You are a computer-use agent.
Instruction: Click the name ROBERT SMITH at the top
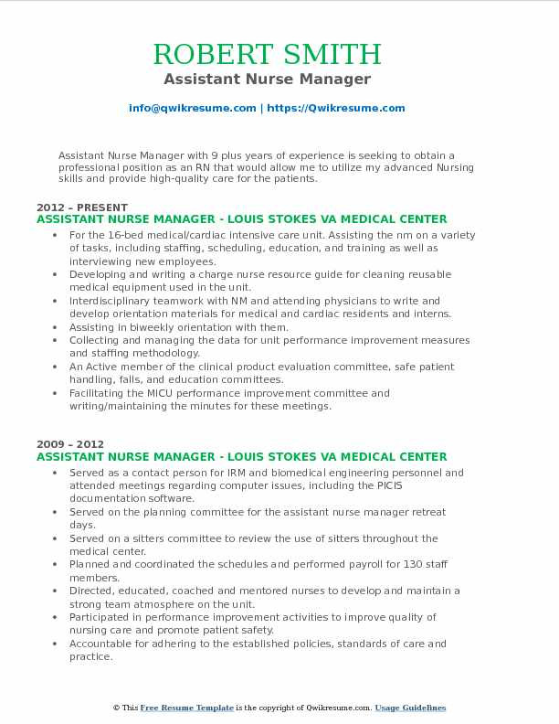[x=279, y=53]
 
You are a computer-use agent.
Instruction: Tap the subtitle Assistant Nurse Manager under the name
[x=279, y=80]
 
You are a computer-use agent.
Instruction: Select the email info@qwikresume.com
[x=193, y=108]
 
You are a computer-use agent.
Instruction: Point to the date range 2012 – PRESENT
[x=82, y=208]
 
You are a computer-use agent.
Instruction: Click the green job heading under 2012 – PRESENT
[x=242, y=219]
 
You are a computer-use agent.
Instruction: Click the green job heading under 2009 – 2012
[x=242, y=456]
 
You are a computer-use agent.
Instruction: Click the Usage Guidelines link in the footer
[x=412, y=708]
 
